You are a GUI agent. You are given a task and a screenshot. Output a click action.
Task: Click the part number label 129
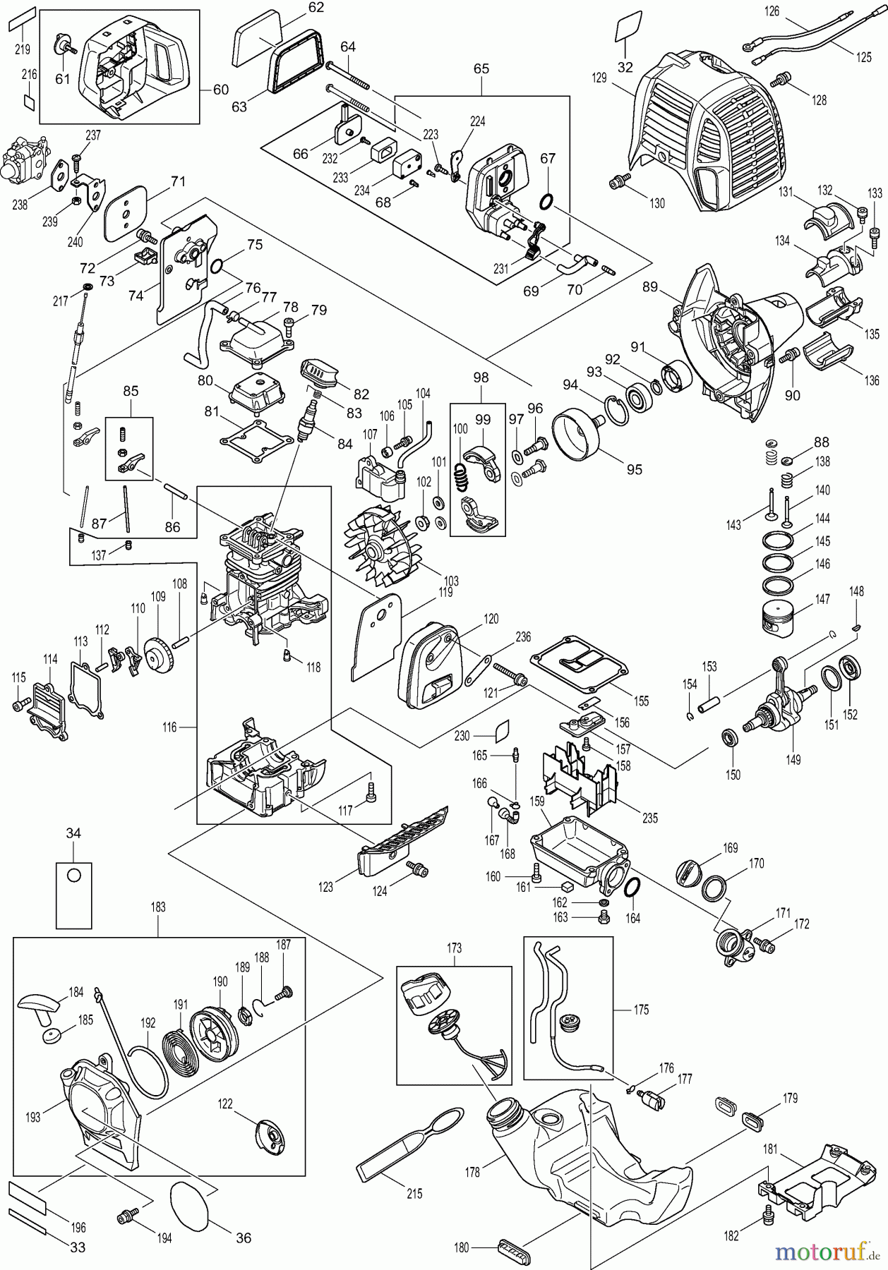[x=599, y=78]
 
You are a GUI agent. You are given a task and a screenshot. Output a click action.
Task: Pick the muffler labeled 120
[x=430, y=667]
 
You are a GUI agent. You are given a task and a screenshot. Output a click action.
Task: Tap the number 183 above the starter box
[x=158, y=907]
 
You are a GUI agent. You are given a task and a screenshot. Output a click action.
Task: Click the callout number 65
[x=481, y=69]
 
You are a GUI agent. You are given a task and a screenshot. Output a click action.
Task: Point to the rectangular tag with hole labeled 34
[x=73, y=894]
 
